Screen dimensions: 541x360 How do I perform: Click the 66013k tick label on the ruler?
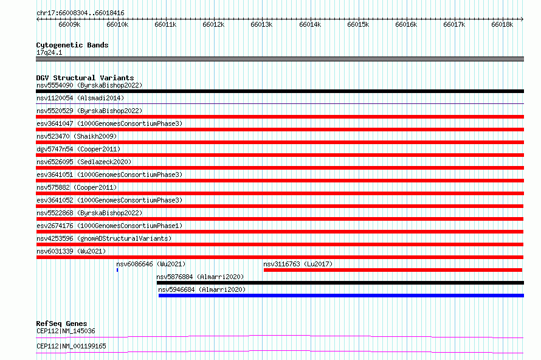tap(261, 24)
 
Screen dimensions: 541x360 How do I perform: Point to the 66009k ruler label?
tap(69, 24)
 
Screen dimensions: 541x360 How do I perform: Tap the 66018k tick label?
tap(502, 24)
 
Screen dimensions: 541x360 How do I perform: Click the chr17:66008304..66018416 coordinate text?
tap(80, 13)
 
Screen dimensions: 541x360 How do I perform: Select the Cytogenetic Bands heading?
tap(72, 45)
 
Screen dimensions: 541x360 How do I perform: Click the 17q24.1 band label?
tap(49, 52)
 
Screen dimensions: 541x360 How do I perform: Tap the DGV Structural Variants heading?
tap(85, 78)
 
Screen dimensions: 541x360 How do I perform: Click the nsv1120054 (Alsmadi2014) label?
tap(80, 98)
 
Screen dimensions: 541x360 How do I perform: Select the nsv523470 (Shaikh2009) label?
tap(77, 136)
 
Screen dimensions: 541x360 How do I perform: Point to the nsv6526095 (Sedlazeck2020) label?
tap(84, 162)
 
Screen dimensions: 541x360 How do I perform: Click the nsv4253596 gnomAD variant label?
tap(104, 238)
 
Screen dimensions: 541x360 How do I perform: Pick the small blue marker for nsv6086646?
tap(117, 270)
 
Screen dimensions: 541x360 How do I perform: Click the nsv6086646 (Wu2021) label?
tap(151, 264)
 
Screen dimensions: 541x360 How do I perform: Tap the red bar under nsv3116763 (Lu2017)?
tap(393, 270)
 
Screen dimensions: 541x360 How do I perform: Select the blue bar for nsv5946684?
tap(341, 296)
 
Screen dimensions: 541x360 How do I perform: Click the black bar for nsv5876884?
tap(340, 283)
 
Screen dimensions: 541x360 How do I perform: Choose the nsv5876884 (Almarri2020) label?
tap(200, 277)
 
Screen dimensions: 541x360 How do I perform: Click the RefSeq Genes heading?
tap(62, 324)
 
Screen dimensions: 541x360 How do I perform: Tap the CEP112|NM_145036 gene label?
tap(66, 331)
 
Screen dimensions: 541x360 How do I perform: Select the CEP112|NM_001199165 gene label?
tap(71, 346)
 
